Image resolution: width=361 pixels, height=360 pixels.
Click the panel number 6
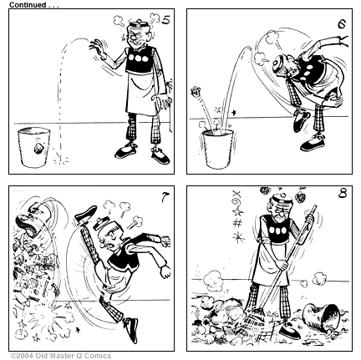[x=341, y=24]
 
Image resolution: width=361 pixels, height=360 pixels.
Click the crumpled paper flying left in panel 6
[x=198, y=92]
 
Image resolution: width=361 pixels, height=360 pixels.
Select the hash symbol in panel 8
[x=237, y=223]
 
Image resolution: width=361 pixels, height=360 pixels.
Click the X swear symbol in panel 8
[x=236, y=198]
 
